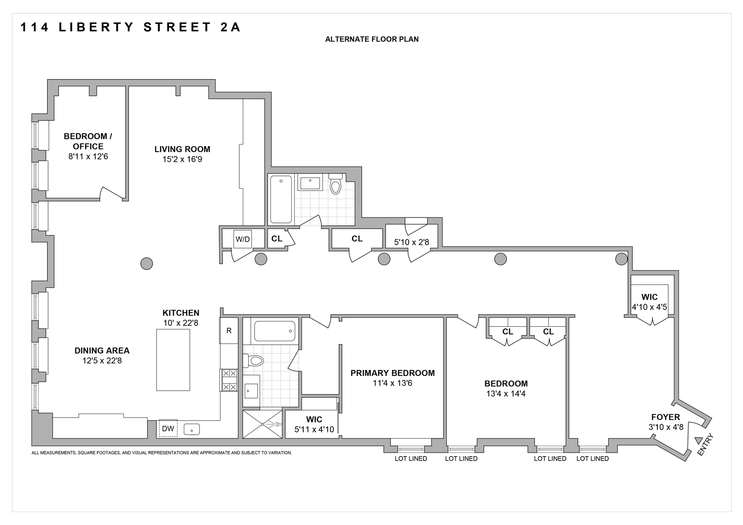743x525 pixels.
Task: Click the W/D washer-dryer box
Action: (243, 239)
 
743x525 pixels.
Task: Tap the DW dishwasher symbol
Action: (168, 429)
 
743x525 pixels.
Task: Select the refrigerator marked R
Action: (229, 331)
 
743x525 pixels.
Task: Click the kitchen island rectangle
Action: (173, 360)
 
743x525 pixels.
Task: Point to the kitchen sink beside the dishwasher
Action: (192, 429)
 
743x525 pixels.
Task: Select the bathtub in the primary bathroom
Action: (275, 331)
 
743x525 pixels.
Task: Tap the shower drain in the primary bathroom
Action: (263, 424)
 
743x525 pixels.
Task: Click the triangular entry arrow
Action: (699, 440)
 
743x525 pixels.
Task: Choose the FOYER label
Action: (665, 417)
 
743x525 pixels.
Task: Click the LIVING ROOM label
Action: (182, 149)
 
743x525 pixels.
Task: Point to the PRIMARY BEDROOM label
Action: (392, 373)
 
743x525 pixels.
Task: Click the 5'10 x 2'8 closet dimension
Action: (411, 243)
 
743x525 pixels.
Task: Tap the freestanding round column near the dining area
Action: (146, 263)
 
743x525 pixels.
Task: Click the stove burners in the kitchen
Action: (229, 380)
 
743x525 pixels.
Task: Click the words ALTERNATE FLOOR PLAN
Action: (371, 39)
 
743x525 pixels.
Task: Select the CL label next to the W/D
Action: (276, 239)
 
